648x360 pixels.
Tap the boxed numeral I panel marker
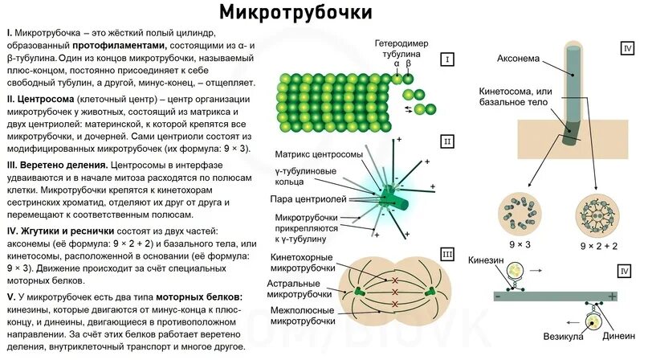coord(447,59)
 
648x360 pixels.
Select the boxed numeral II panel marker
coord(447,142)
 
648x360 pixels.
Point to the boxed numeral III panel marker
coord(447,256)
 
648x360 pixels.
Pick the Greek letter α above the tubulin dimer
coord(397,63)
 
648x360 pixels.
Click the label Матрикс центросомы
coord(318,154)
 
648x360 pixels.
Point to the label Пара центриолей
coord(310,198)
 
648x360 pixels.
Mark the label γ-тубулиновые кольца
coord(308,176)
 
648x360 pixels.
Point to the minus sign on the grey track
coord(498,297)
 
